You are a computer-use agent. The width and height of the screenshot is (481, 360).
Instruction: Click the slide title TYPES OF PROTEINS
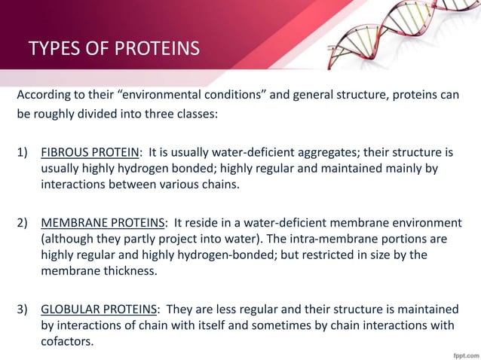(x=114, y=50)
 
